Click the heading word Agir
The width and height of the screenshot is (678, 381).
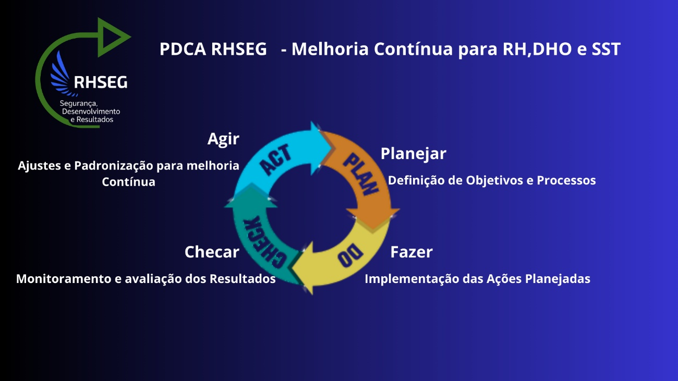click(223, 139)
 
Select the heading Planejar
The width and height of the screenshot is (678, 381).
click(413, 154)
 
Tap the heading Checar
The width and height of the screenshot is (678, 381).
click(212, 252)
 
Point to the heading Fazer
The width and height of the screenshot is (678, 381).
click(411, 252)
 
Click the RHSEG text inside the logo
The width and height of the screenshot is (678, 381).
click(100, 82)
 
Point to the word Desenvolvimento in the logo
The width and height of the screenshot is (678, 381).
click(91, 112)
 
